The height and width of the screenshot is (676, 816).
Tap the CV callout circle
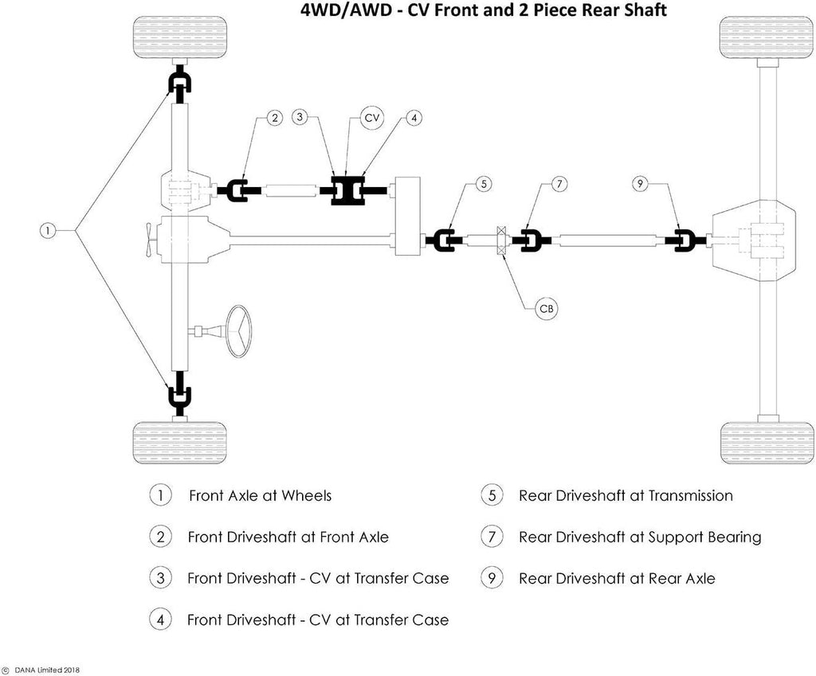click(x=371, y=118)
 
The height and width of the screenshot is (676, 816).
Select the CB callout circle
click(x=547, y=308)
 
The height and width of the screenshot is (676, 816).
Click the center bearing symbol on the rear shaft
click(x=502, y=240)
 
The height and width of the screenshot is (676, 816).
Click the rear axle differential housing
click(x=753, y=240)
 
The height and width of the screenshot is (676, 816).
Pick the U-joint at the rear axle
click(x=684, y=240)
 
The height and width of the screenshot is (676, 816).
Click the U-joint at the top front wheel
click(x=179, y=83)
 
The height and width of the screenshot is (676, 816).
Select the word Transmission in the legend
click(x=690, y=496)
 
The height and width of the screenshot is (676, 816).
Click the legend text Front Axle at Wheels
click(x=260, y=496)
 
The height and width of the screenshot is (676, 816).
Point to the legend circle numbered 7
click(x=492, y=537)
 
